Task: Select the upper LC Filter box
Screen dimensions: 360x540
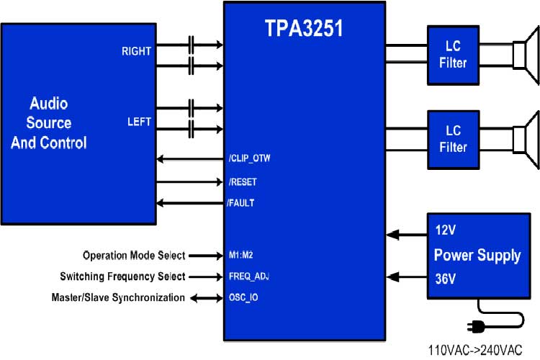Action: tap(453, 55)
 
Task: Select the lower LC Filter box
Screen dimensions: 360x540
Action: tap(453, 140)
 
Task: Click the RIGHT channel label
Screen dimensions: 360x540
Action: tap(136, 51)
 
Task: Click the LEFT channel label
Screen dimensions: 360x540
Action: tap(139, 122)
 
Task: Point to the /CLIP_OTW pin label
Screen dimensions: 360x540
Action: tap(249, 159)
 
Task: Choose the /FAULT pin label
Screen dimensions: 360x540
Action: tap(240, 203)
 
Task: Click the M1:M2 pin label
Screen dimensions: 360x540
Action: tap(240, 256)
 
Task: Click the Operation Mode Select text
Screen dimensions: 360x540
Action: tap(134, 256)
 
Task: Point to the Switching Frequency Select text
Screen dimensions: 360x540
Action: tap(122, 276)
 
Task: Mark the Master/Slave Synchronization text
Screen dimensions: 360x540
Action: tap(118, 297)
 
